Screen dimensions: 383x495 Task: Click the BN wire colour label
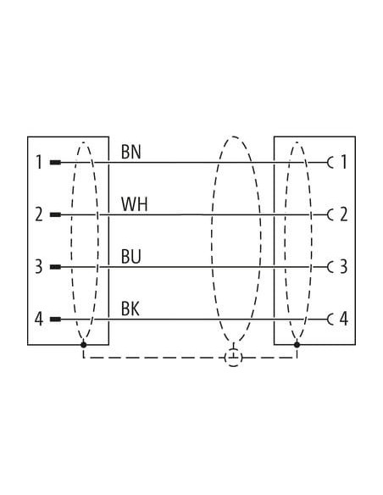point(131,152)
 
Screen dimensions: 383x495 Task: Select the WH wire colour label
point(135,204)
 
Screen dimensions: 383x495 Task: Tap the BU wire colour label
point(131,256)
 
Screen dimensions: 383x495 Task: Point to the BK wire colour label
point(130,309)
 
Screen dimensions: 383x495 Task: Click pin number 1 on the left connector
point(39,162)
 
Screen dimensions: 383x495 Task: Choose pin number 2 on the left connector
point(39,214)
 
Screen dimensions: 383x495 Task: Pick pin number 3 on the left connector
point(39,266)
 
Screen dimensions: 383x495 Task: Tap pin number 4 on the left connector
point(39,319)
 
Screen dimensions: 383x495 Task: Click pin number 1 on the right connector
point(344,162)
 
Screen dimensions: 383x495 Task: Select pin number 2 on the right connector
point(344,214)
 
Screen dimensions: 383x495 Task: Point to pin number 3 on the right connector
point(344,266)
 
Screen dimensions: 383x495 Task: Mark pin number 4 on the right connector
point(344,319)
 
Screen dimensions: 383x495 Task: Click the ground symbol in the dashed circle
point(234,358)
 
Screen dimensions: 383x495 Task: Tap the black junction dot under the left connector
point(83,344)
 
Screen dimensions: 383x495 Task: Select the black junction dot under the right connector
point(297,344)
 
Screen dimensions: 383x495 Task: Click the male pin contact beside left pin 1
point(56,163)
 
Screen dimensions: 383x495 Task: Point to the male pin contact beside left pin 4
point(56,320)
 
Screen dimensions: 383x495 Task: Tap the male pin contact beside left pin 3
point(56,267)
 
